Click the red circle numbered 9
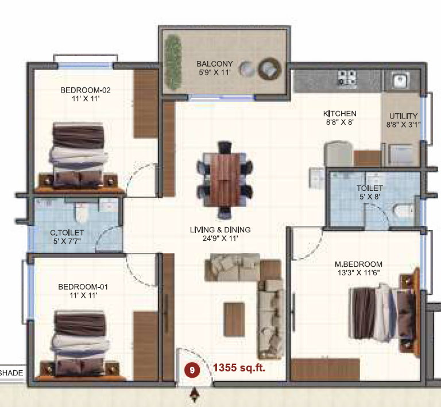[192, 370]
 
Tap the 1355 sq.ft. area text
[239, 367]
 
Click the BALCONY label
[215, 64]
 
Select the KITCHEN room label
[340, 114]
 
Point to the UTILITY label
[403, 116]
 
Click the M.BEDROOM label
[358, 264]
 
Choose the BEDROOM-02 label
[86, 90]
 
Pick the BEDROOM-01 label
[83, 287]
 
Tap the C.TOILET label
[67, 233]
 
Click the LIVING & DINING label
[220, 230]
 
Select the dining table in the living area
[225, 180]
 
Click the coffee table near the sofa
[234, 319]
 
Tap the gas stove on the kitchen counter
[347, 78]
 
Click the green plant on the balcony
[173, 62]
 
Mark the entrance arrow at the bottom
[194, 395]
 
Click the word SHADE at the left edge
[11, 373]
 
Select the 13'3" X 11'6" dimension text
[359, 272]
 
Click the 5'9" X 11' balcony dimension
[215, 72]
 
